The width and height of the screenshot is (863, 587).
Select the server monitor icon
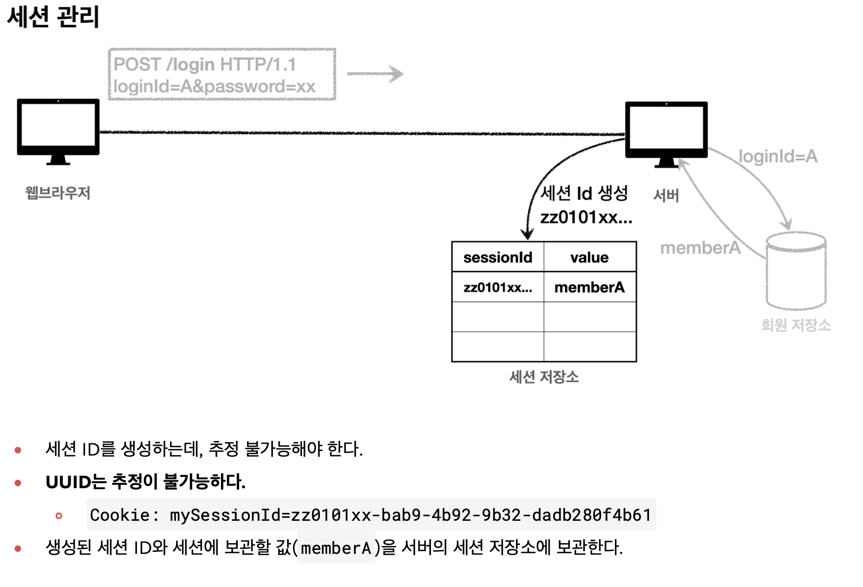click(x=666, y=132)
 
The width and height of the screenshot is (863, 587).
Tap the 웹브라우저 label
click(x=58, y=193)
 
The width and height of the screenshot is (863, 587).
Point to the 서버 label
click(x=666, y=196)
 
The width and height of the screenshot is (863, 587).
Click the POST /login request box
click(x=222, y=75)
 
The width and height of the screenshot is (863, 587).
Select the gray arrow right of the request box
click(x=375, y=74)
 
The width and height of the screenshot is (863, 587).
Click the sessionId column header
click(x=498, y=257)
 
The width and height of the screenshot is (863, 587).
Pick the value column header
click(x=589, y=257)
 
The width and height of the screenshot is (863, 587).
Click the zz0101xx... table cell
click(x=498, y=287)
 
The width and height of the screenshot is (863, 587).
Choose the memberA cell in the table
click(x=589, y=287)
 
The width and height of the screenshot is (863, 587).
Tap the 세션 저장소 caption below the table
click(x=544, y=377)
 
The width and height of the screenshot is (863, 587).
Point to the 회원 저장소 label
click(x=795, y=325)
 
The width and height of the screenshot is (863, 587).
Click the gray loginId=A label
click(x=777, y=157)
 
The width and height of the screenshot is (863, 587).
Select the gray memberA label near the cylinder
click(x=700, y=248)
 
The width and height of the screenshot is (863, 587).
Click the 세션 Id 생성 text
click(x=584, y=193)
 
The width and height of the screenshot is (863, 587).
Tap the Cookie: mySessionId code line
click(x=371, y=515)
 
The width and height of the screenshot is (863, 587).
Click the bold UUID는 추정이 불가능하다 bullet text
click(x=145, y=482)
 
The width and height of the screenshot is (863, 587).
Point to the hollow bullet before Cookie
click(x=59, y=516)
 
